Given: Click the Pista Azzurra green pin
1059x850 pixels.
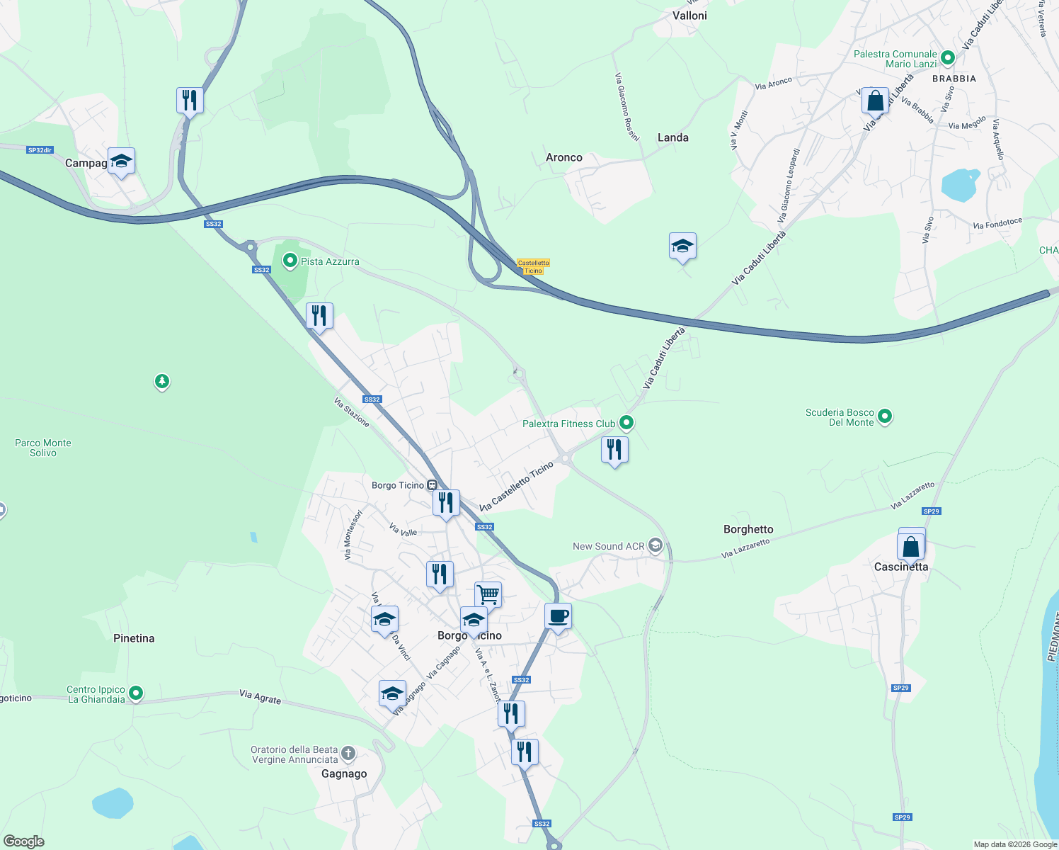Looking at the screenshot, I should [x=290, y=261].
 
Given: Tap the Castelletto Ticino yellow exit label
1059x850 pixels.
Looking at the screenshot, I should [x=533, y=266].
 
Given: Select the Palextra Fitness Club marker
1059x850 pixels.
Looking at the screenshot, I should [x=626, y=424].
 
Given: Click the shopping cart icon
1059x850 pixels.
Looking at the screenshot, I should [x=488, y=594].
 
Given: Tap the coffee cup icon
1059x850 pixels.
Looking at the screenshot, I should [x=558, y=616].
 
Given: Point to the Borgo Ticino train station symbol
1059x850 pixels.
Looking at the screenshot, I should [x=431, y=485].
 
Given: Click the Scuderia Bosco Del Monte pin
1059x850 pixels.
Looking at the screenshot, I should [x=885, y=417].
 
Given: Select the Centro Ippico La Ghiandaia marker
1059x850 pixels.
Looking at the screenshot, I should [x=136, y=693].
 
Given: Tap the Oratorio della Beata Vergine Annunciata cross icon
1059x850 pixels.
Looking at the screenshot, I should [x=348, y=753].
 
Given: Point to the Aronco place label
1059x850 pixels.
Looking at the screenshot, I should [x=564, y=157].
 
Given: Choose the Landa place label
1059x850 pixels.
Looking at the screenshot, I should [x=672, y=137].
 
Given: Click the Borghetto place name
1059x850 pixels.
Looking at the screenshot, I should [x=748, y=529].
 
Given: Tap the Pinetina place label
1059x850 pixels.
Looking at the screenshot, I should [x=134, y=638].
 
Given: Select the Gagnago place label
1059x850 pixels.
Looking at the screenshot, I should [x=344, y=773].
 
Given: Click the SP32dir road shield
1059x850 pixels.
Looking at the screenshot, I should [x=40, y=150].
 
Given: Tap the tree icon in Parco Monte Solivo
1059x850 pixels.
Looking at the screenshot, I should [x=162, y=382].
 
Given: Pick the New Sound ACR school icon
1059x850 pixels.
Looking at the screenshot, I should [x=656, y=545].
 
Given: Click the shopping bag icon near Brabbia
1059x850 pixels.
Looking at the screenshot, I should [x=875, y=100].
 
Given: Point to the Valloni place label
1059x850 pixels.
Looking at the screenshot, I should [x=689, y=16].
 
